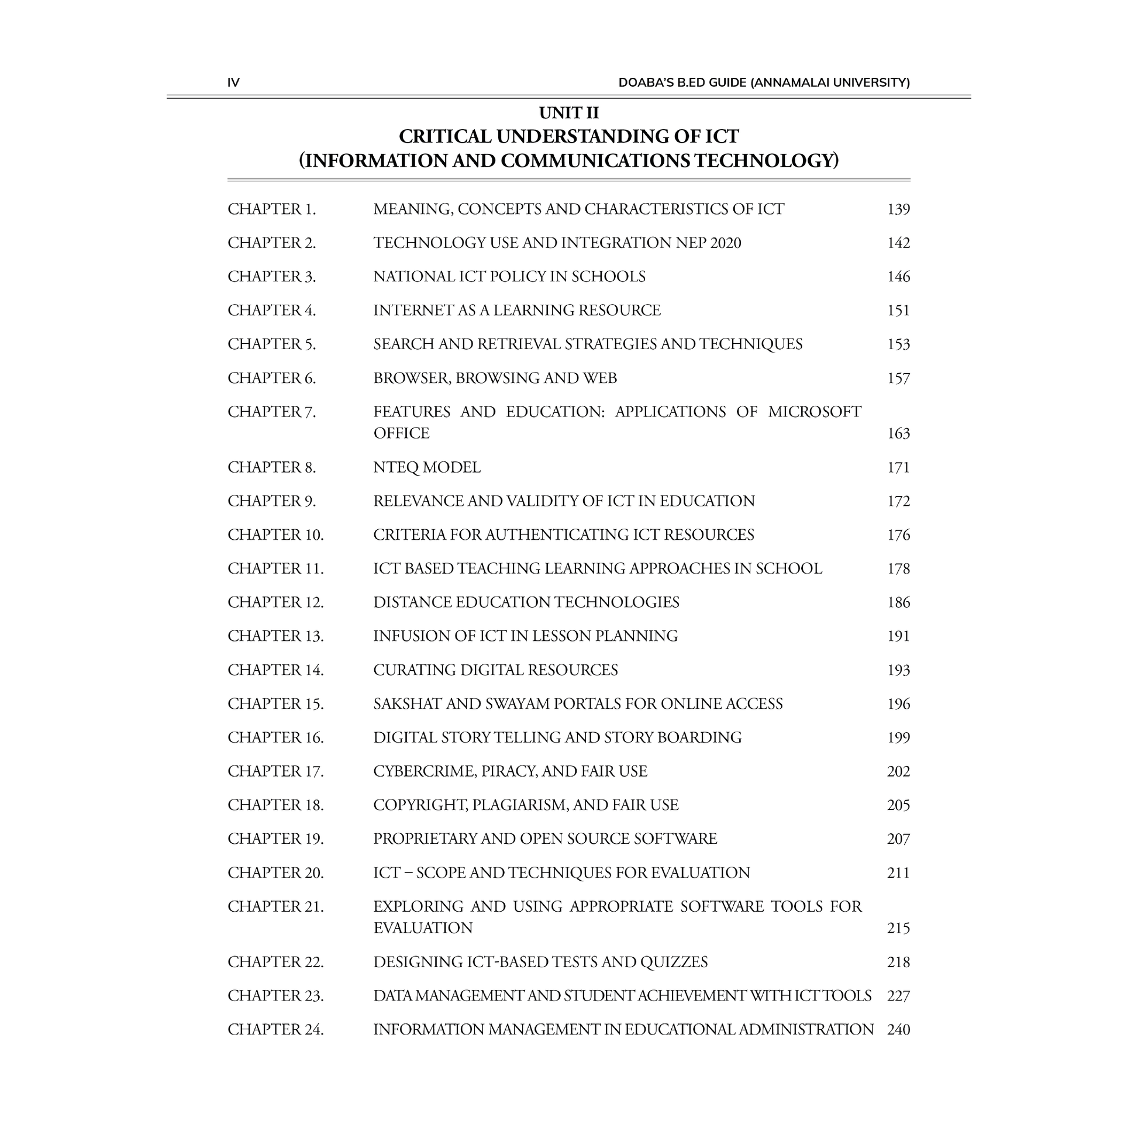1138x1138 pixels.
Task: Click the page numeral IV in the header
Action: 233,83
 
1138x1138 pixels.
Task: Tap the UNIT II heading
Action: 568,112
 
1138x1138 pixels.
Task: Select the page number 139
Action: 898,210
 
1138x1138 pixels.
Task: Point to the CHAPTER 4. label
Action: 271,311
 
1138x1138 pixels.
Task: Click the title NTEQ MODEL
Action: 426,468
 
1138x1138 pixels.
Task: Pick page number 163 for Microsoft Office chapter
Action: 898,433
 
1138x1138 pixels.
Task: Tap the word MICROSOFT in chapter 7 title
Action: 815,412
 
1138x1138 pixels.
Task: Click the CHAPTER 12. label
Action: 275,602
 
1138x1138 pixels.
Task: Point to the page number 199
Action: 898,737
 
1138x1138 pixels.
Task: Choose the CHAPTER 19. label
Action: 275,839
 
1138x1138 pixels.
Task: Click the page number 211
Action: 898,873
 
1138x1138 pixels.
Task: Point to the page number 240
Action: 898,1030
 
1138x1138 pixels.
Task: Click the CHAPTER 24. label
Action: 275,1030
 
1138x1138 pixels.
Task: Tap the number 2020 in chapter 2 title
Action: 726,243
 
